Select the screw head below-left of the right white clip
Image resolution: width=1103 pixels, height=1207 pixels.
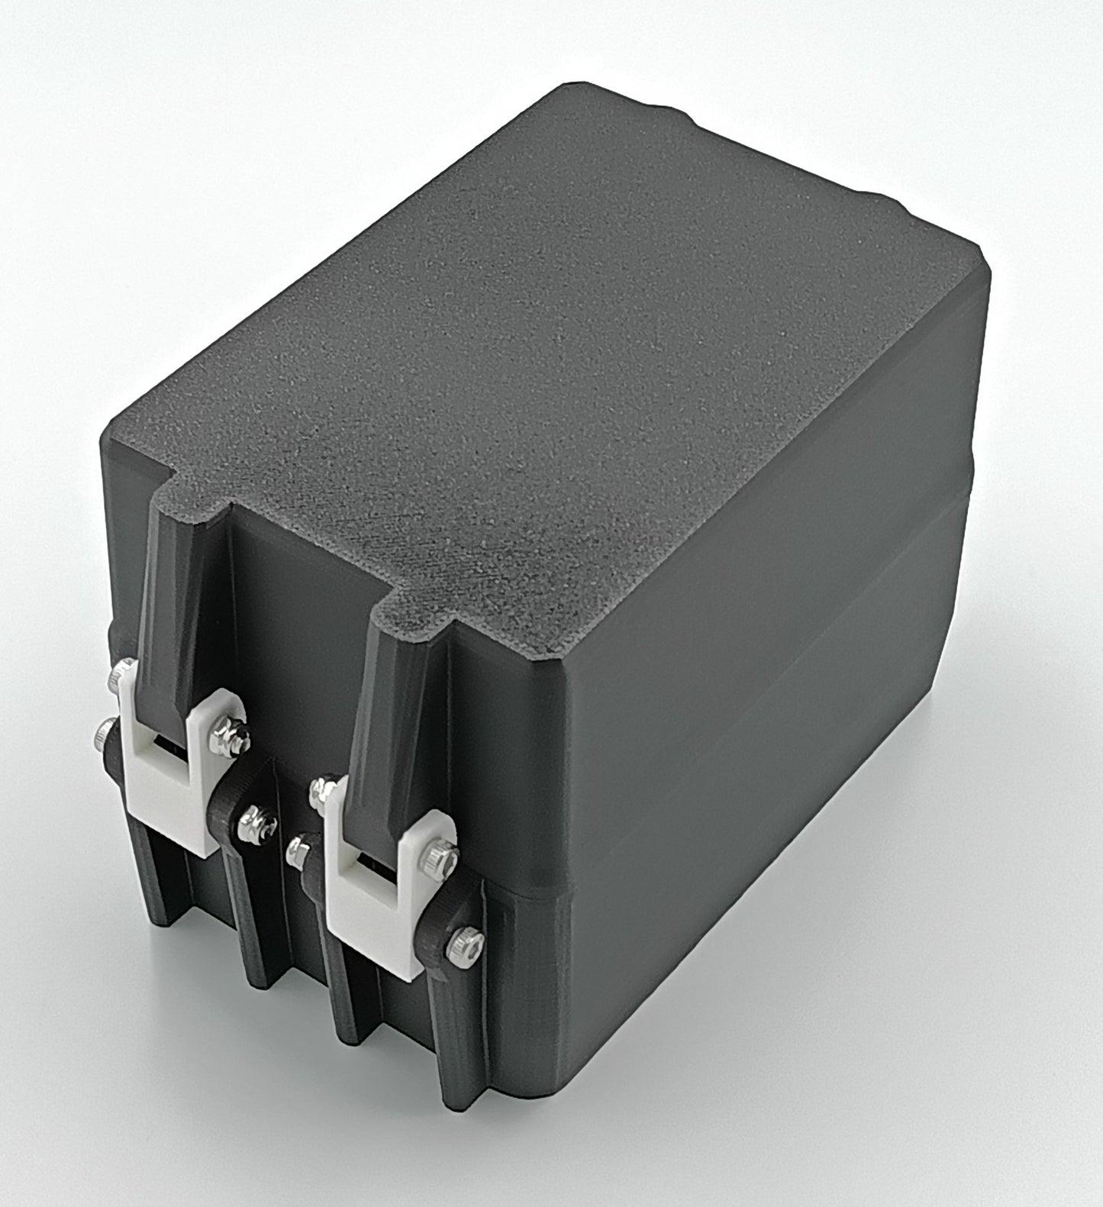(297, 851)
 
